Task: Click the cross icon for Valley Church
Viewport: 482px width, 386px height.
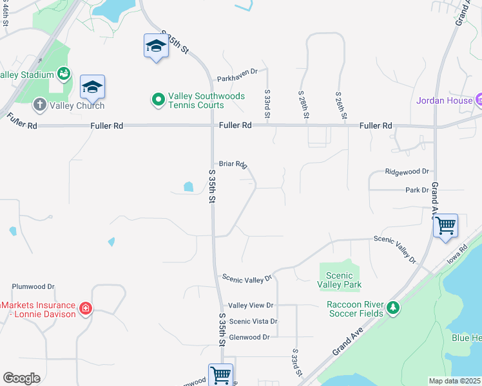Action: [39, 104]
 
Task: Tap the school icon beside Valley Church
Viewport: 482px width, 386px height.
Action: [92, 86]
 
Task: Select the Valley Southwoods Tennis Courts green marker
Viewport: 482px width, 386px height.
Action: [158, 100]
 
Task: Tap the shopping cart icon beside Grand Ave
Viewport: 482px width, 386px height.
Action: [445, 226]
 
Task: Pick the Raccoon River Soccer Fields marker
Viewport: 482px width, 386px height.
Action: [393, 309]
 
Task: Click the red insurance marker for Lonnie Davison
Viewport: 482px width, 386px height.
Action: [85, 309]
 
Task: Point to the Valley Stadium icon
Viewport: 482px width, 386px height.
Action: [64, 75]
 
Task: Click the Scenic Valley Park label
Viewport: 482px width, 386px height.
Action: [340, 280]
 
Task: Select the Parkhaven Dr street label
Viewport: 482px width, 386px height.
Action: [237, 71]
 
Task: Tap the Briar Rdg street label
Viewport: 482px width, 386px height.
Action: [233, 164]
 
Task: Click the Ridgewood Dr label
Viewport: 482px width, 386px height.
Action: [407, 172]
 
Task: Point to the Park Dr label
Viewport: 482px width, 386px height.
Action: [417, 190]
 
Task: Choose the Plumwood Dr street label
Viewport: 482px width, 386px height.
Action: [34, 287]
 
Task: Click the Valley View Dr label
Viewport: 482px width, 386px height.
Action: [251, 306]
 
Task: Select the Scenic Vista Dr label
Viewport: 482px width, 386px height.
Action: [253, 321]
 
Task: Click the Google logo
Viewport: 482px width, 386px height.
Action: [21, 378]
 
